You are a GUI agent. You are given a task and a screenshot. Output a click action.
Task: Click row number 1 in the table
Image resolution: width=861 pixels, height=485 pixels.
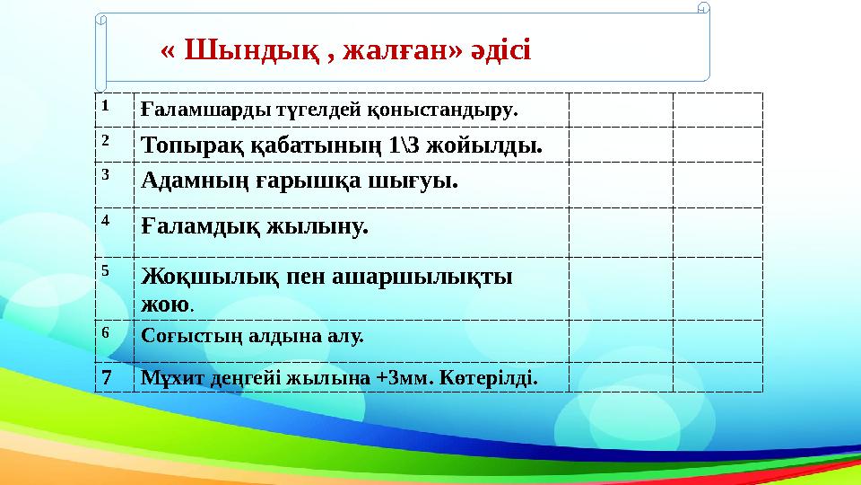(x=105, y=104)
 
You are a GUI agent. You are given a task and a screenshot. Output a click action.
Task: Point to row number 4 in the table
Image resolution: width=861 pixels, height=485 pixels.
(x=105, y=219)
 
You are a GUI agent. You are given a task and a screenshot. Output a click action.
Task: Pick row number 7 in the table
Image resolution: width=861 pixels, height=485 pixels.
(x=106, y=376)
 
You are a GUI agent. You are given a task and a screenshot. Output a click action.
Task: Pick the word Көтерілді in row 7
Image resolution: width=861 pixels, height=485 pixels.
(x=492, y=377)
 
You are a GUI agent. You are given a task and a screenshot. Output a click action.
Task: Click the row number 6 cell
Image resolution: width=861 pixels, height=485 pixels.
(x=105, y=331)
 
